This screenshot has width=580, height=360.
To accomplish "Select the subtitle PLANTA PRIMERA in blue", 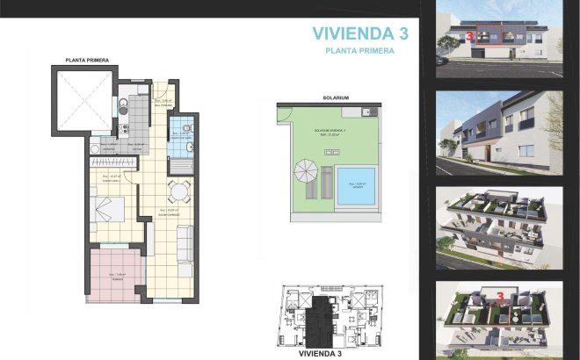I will (359, 52).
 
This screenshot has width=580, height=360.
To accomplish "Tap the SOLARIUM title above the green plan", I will (336, 97).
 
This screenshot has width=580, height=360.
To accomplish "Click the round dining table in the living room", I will (178, 191).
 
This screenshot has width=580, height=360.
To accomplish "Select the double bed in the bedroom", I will (109, 211).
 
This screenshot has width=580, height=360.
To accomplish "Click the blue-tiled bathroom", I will (182, 141).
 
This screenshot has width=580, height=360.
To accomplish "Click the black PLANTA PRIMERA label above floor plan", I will (87, 60).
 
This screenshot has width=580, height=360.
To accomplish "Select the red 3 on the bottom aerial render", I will (501, 298).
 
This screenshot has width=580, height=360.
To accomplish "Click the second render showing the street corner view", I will (498, 128).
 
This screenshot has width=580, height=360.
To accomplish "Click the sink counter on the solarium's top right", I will (372, 112).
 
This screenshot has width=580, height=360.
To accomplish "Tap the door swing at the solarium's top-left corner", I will (284, 115).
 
